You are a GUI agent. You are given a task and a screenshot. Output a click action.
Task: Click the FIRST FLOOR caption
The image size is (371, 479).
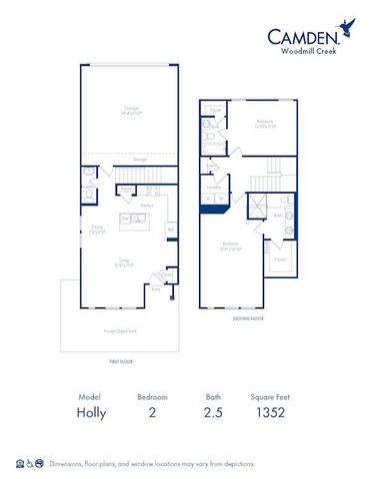pyautogui.click(x=120, y=361)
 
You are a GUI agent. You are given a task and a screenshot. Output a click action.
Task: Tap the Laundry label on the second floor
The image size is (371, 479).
pyautogui.click(x=213, y=187)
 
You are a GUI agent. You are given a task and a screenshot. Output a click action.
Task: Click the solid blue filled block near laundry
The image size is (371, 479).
pyautogui.click(x=212, y=206)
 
